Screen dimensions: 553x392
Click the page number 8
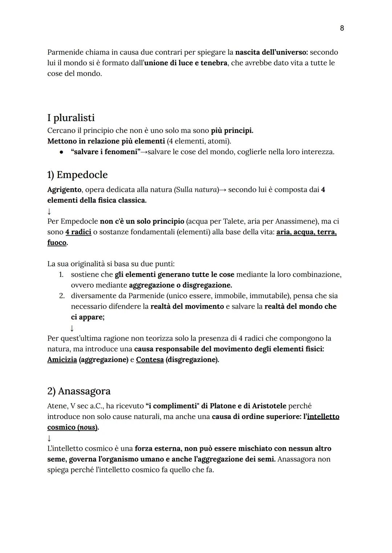pyautogui.click(x=342, y=28)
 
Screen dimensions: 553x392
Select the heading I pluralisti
pyautogui.click(x=71, y=118)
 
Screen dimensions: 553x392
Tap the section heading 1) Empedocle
pyautogui.click(x=77, y=175)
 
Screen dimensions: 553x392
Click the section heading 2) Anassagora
pyautogui.click(x=79, y=391)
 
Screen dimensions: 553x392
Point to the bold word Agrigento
pyautogui.click(x=64, y=190)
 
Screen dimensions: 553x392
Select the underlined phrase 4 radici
pyautogui.click(x=78, y=232)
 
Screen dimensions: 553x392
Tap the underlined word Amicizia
pyautogui.click(x=62, y=360)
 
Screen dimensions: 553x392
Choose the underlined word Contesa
pyautogui.click(x=150, y=360)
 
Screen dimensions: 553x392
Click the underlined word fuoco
pyautogui.click(x=57, y=243)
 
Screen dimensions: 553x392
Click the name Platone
pyautogui.click(x=223, y=406)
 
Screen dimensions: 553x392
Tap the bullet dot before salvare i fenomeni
pyautogui.click(x=62, y=152)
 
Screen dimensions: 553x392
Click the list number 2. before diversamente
pyautogui.click(x=62, y=296)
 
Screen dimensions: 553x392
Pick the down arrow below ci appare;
pyautogui.click(x=72, y=328)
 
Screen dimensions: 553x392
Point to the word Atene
pyautogui.click(x=56, y=406)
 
